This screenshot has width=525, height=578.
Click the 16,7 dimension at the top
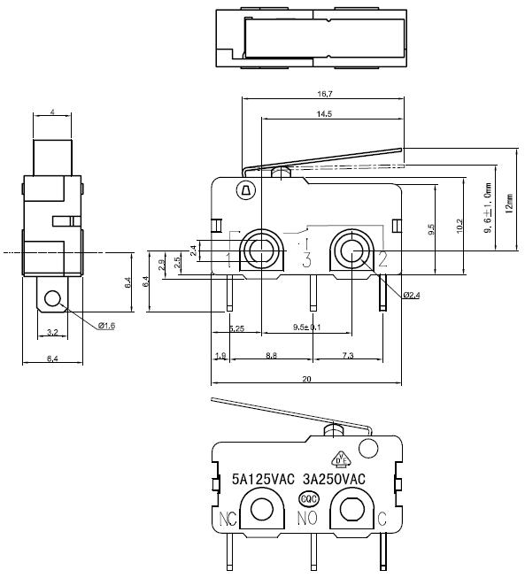tap(323, 94)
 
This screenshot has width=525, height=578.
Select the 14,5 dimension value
tap(323, 114)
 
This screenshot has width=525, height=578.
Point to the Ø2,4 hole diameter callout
tap(411, 295)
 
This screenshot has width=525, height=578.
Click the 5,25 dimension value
tap(236, 328)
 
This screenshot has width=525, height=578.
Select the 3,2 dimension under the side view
tap(51, 334)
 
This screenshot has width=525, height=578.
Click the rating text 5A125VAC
tap(263, 479)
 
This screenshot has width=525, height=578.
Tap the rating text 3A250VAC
tap(333, 479)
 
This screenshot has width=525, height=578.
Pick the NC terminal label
tap(227, 518)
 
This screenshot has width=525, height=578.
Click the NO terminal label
tap(307, 518)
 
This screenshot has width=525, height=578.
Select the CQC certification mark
tap(309, 497)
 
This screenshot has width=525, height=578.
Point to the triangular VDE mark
tap(339, 458)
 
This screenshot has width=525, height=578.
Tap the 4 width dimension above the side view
tap(52, 112)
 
